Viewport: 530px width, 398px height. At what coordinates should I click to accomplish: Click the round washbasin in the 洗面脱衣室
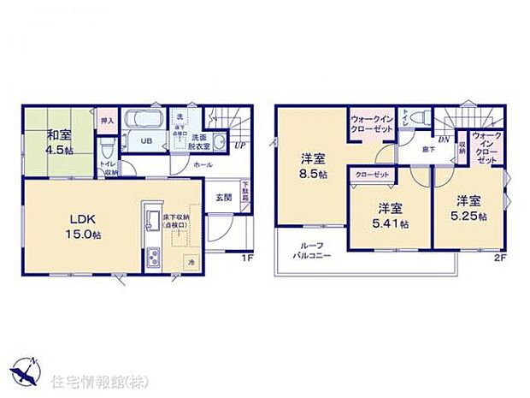pyautogui.click(x=219, y=143)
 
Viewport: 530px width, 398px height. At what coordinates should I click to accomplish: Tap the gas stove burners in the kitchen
pyautogui.click(x=152, y=256)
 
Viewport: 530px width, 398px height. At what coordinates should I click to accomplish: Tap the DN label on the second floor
pyautogui.click(x=444, y=139)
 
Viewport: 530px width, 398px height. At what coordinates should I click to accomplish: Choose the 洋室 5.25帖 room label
pyautogui.click(x=471, y=208)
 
